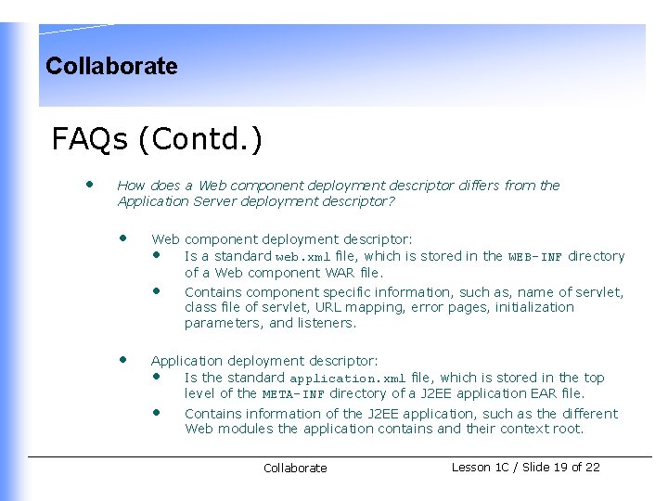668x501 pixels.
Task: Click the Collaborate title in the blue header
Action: pos(111,66)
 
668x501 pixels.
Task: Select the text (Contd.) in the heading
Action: pos(199,139)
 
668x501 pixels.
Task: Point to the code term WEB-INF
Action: pos(536,257)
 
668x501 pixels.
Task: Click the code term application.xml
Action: pos(347,379)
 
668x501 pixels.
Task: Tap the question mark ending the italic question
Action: pos(392,201)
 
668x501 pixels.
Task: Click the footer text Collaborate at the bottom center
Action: pos(295,469)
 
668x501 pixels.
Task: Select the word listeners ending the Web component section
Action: pos(325,323)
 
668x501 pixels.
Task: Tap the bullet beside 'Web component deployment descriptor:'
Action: pos(122,238)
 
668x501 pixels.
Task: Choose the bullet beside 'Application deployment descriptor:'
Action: pos(122,359)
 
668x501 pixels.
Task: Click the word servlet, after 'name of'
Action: pos(598,291)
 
